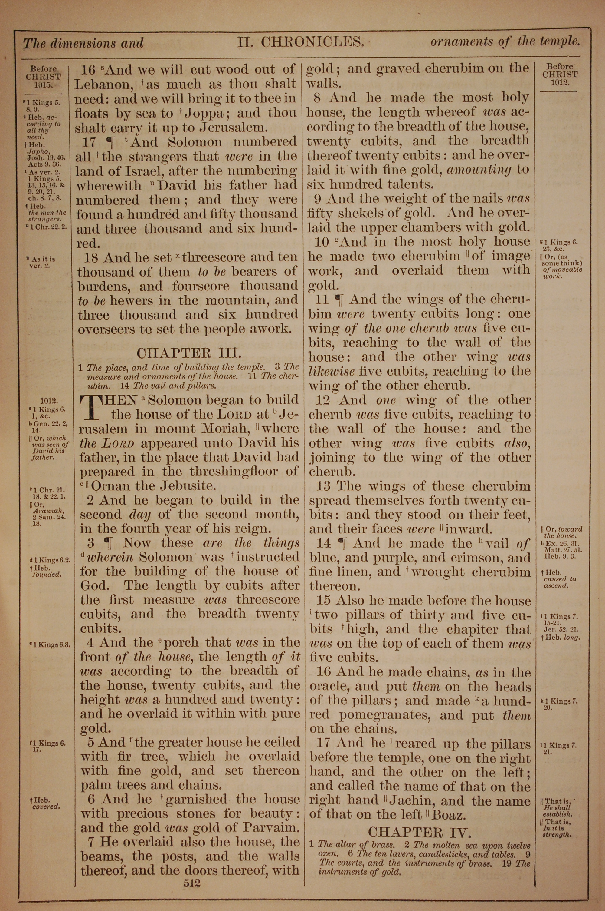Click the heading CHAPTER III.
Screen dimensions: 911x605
click(x=189, y=353)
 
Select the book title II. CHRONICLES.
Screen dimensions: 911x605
click(x=301, y=42)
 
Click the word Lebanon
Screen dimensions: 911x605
click(x=102, y=84)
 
